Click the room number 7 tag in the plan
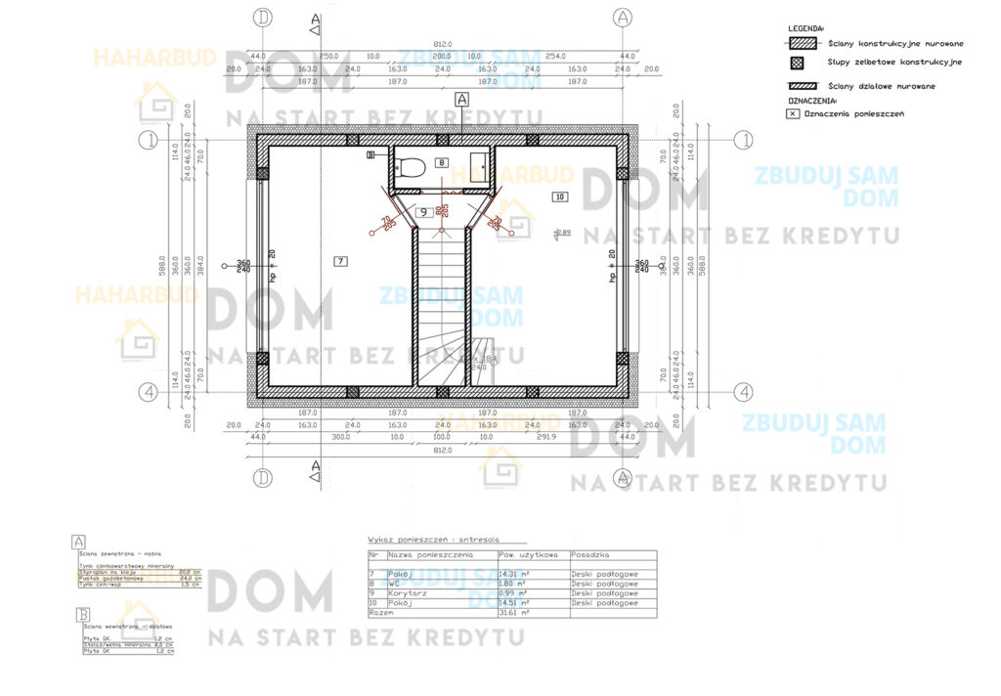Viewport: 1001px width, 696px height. (x=339, y=261)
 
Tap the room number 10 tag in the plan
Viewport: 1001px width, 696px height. (x=560, y=196)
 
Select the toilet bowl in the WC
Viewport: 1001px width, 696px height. (x=412, y=166)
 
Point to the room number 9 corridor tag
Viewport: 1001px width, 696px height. (x=424, y=212)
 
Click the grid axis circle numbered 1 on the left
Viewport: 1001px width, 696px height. (x=149, y=140)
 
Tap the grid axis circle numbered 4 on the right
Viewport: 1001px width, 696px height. (x=745, y=391)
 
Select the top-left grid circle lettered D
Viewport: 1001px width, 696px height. (x=262, y=17)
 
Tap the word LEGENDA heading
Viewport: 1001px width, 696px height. (x=806, y=29)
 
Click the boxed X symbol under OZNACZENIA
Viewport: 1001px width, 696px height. (x=792, y=114)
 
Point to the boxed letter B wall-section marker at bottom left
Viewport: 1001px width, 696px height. (x=78, y=614)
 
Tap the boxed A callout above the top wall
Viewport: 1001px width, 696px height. (x=462, y=99)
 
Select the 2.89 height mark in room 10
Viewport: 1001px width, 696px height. (x=562, y=233)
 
